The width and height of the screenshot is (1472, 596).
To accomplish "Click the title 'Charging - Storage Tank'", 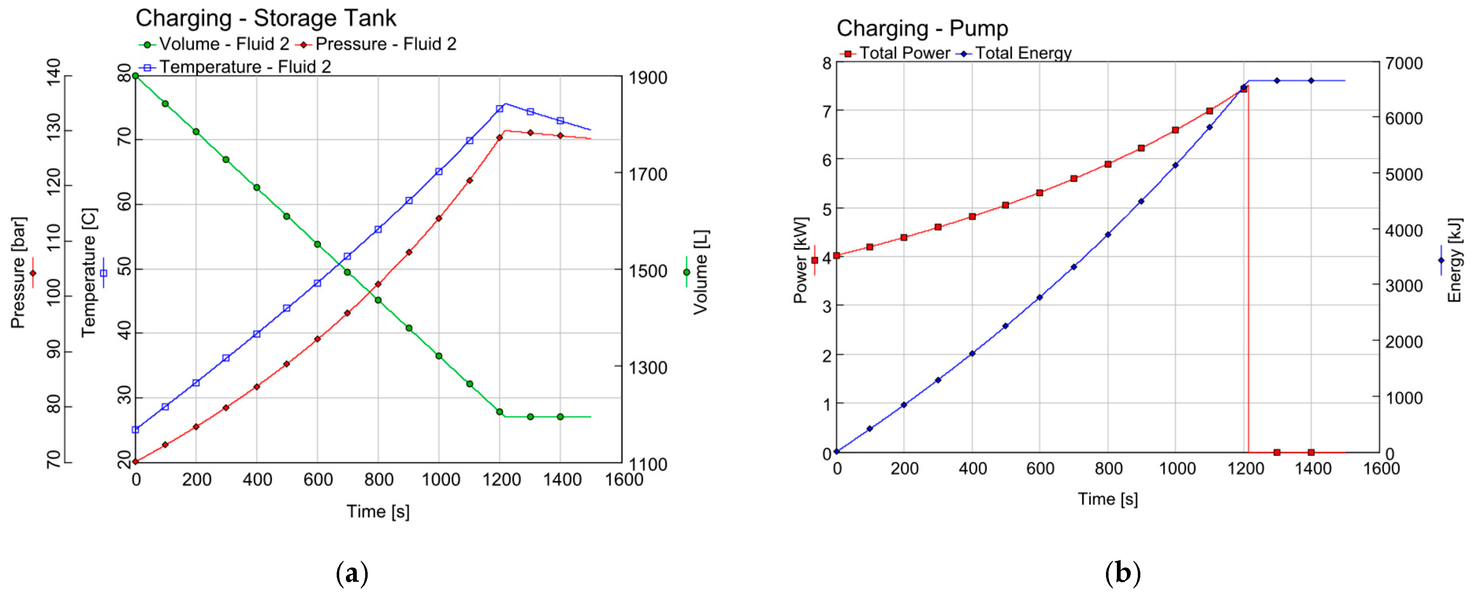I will (266, 18).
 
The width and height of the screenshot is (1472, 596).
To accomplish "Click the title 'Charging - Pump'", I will (922, 28).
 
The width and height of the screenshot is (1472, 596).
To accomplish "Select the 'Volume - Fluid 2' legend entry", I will (214, 44).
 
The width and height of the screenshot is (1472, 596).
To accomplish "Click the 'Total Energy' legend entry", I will (1014, 53).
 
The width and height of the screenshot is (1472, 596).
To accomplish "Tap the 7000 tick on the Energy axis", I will (1403, 63).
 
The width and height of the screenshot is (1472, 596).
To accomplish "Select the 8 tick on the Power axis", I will (826, 63).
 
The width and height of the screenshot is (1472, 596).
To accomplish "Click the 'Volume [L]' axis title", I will (701, 272).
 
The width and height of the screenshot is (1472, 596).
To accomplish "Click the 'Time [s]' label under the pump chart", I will (1107, 499).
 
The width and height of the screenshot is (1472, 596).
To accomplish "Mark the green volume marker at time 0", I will (135, 76).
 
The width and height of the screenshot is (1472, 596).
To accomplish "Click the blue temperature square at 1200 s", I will (500, 108).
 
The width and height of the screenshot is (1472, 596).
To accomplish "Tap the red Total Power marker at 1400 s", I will (1311, 452).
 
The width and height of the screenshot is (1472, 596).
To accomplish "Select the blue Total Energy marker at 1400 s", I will (1311, 80).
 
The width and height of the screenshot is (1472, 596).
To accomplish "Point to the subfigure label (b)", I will (1122, 573).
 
